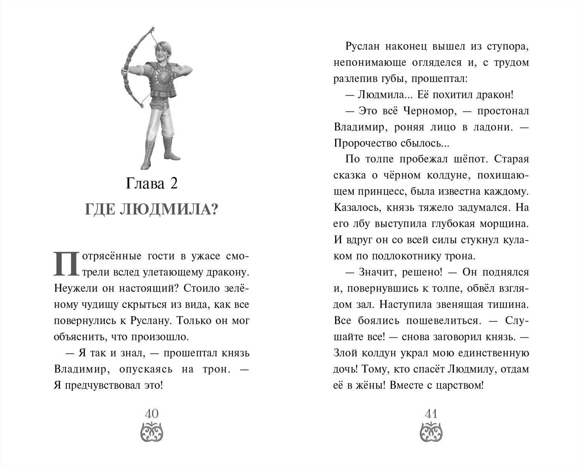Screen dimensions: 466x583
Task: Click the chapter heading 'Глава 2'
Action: point(152,183)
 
